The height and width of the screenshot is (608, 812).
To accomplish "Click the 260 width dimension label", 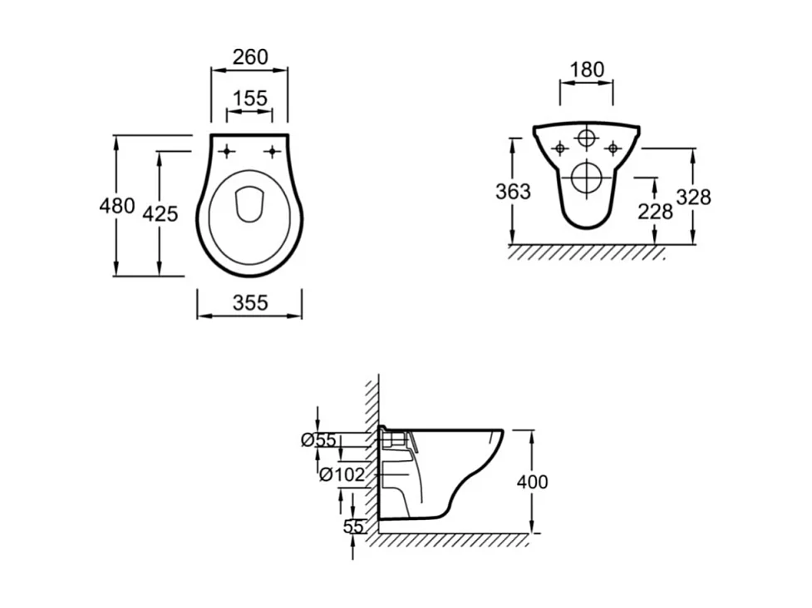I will point(250,56).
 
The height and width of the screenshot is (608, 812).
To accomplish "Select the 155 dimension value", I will point(250,99).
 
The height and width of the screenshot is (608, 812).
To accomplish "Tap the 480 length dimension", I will point(117,205).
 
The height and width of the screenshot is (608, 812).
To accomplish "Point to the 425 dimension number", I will point(160,213).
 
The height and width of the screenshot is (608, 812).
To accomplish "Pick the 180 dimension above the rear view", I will point(588,70).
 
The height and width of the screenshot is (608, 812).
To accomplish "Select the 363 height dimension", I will point(513,192).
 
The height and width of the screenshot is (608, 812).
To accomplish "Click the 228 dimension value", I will point(655,211).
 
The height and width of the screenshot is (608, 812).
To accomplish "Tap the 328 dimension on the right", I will point(694,197).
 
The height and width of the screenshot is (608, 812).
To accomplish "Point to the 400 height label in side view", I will point(532,482).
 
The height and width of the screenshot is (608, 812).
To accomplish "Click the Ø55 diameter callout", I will point(318,440).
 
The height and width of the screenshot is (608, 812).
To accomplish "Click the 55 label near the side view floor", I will point(353,526).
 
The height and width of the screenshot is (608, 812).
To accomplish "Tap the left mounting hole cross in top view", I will point(227,150).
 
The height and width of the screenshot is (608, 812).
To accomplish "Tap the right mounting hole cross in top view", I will point(272,150).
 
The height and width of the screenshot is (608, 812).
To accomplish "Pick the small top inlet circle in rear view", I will point(588,137).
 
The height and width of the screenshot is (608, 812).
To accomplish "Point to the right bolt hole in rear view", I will point(613,148).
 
